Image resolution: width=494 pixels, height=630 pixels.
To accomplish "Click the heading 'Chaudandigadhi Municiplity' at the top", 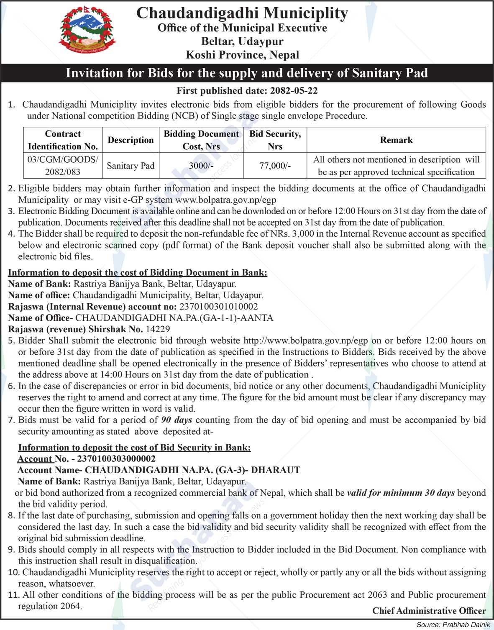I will point(242,13).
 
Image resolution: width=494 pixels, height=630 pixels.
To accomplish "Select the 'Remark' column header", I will point(396,140).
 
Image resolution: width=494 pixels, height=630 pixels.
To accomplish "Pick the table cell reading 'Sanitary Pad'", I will point(131,166).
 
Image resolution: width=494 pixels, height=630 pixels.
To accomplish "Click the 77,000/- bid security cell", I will point(275,166).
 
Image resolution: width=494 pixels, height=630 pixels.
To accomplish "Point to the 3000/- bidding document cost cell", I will point(201,166).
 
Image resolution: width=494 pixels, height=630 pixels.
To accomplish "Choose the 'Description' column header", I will point(131,140).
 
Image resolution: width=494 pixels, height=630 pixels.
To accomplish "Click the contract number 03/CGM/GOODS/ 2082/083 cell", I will point(63,166).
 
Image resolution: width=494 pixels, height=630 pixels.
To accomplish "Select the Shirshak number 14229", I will point(158,329).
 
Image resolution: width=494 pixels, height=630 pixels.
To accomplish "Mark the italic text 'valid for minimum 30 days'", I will point(401,493).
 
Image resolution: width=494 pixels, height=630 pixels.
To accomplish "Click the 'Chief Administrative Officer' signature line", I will point(429,611).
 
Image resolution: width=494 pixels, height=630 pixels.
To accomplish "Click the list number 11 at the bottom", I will point(13,594).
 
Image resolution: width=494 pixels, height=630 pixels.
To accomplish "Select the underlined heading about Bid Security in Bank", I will point(134,447).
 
